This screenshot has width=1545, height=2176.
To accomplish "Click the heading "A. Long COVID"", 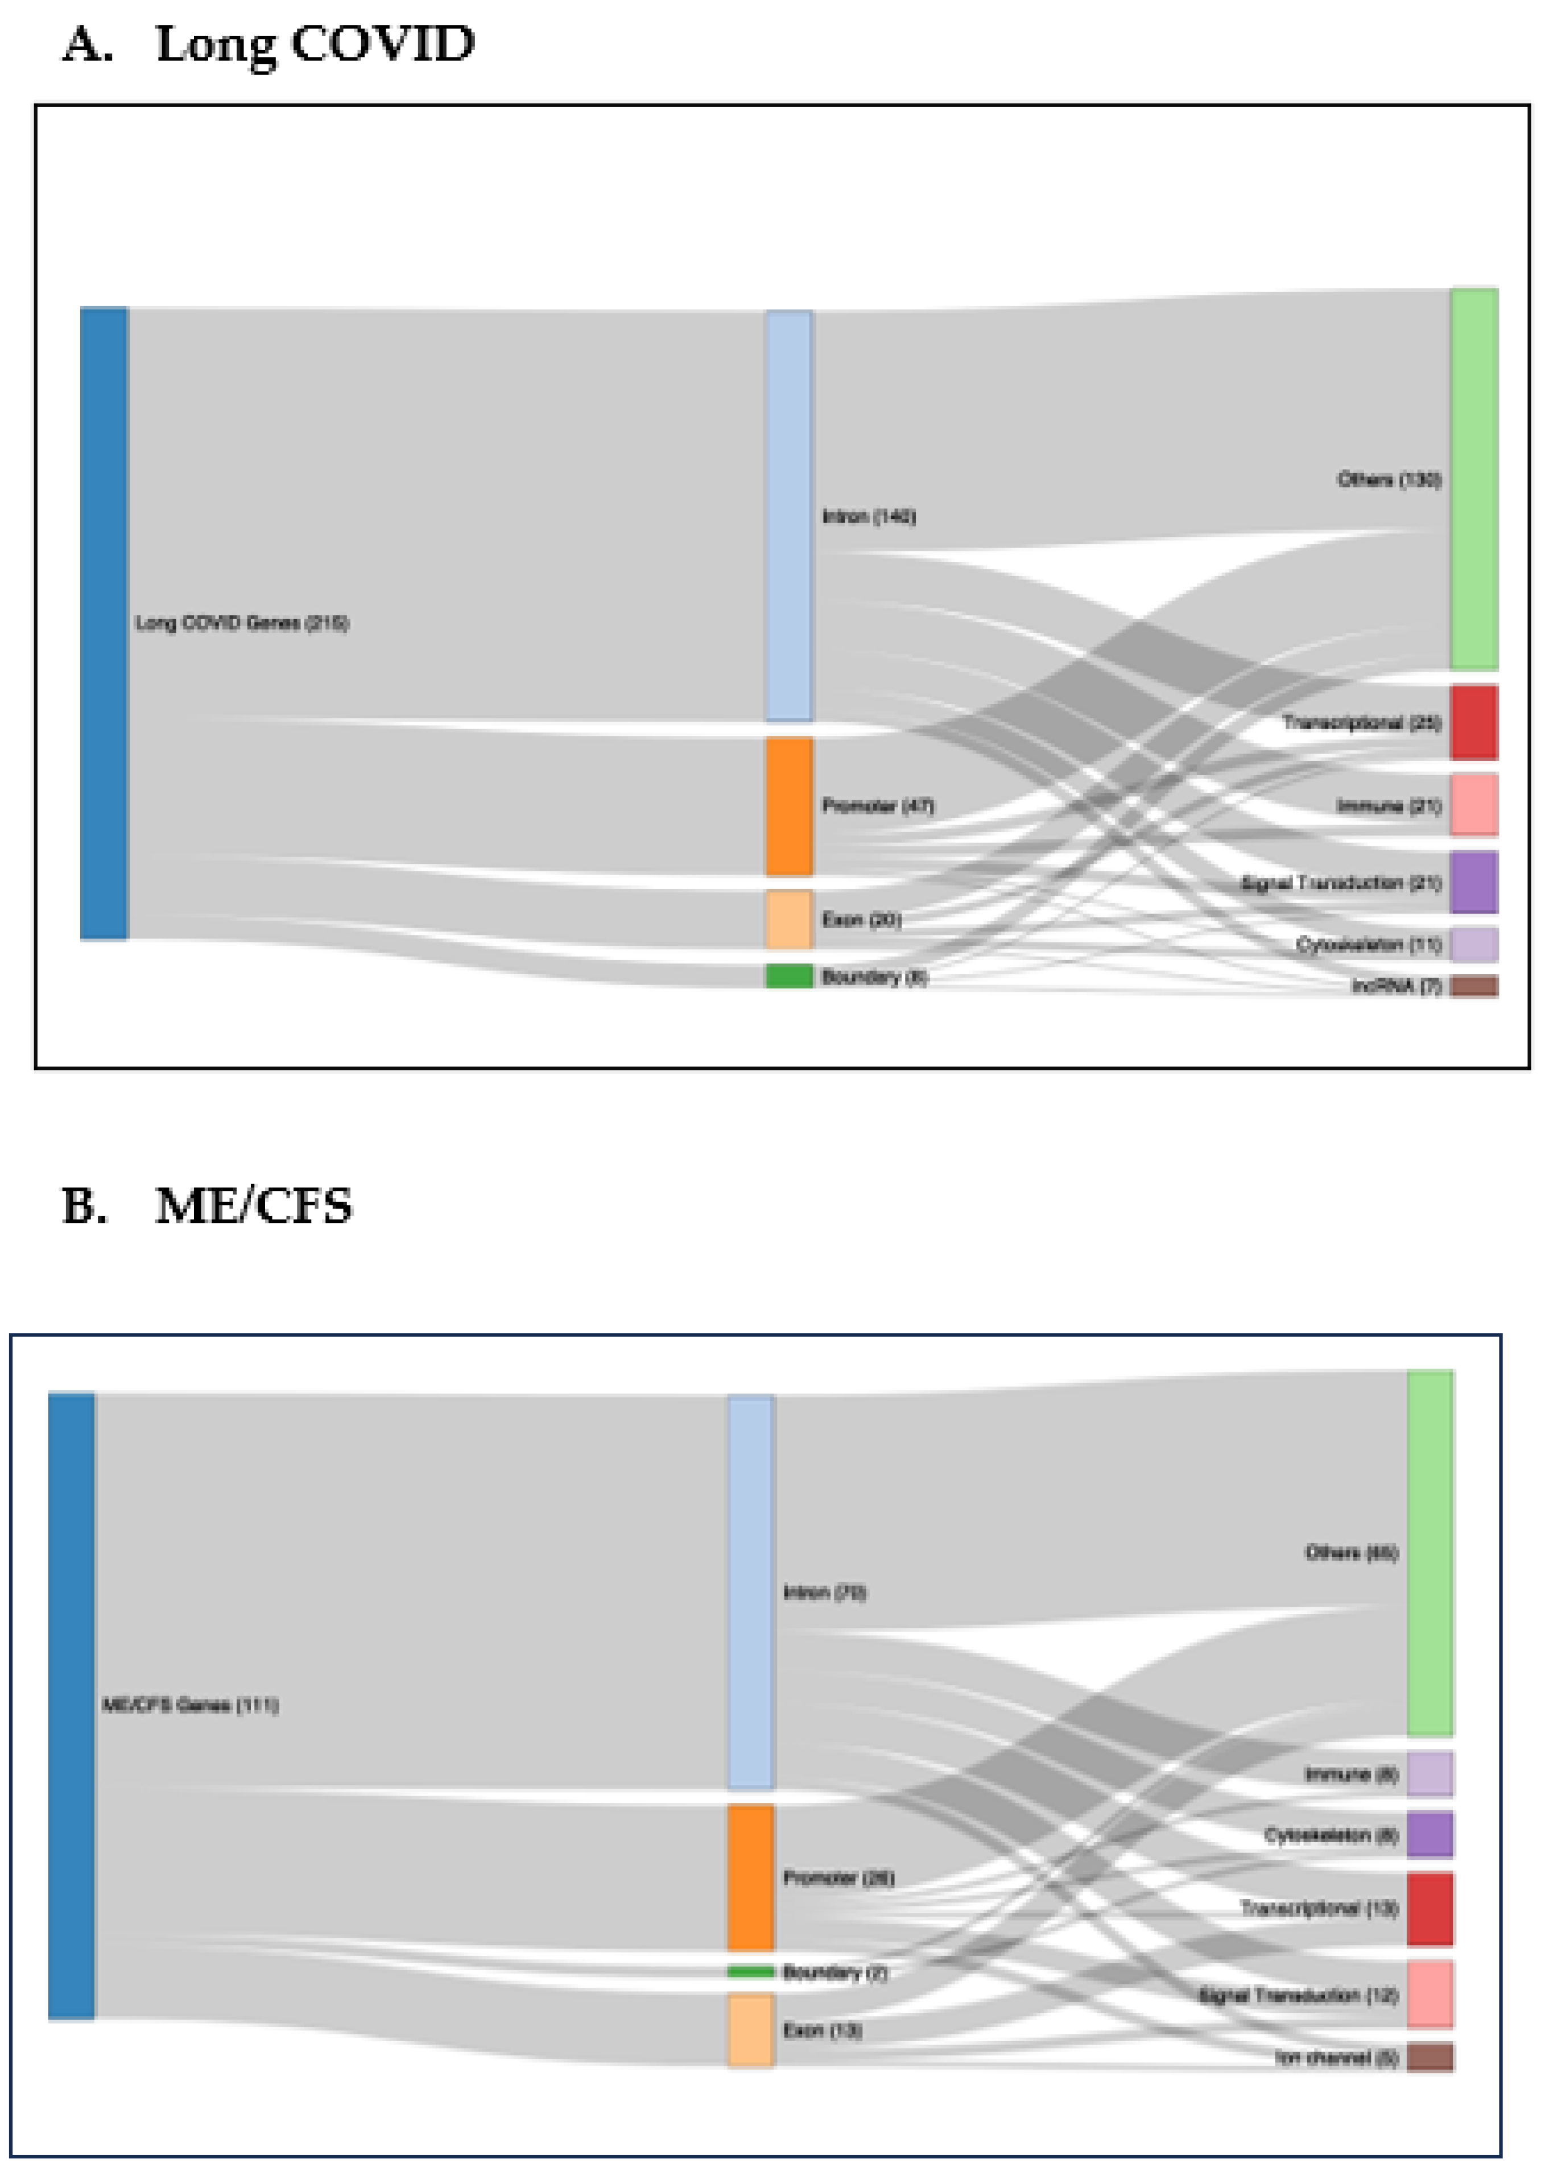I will [x=268, y=45].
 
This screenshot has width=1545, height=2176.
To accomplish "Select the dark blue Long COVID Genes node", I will [x=104, y=623].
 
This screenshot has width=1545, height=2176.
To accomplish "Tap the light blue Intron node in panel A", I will [x=788, y=515].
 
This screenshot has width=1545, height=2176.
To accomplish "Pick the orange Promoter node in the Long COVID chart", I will [x=788, y=805].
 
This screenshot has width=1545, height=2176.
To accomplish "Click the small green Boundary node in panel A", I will [x=788, y=976].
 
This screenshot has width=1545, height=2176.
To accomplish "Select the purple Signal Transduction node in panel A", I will [x=1474, y=882].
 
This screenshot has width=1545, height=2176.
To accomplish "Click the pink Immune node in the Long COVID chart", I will [x=1474, y=805].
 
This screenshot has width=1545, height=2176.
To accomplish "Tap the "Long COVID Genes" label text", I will [x=242, y=623].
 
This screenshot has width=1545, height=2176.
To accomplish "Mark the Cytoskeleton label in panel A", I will [x=1368, y=944].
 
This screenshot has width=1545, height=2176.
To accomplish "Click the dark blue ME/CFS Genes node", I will [x=71, y=1705].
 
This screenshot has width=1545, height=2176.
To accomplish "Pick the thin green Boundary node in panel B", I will [x=751, y=1971].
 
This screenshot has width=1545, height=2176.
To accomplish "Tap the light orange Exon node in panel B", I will [x=751, y=2030].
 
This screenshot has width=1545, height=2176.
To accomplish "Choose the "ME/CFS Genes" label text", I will [x=190, y=1705].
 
